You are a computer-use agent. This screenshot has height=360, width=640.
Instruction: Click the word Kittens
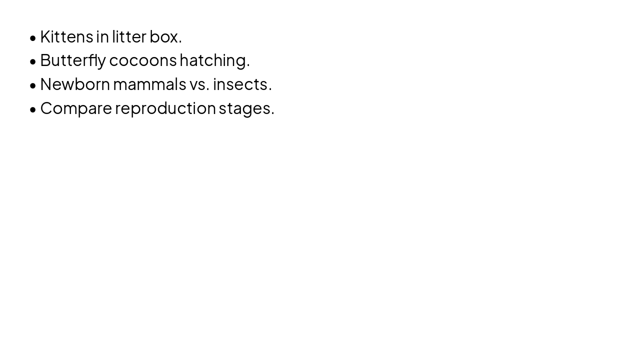pyautogui.click(x=67, y=37)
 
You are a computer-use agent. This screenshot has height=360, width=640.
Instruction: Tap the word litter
pyautogui.click(x=129, y=37)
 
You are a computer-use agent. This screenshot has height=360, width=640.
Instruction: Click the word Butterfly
pyautogui.click(x=73, y=61)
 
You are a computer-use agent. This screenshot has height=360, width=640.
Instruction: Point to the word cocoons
pyautogui.click(x=143, y=61)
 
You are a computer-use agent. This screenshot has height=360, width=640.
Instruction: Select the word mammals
pyautogui.click(x=149, y=84)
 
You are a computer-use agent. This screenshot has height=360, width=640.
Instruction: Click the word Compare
pyautogui.click(x=76, y=109)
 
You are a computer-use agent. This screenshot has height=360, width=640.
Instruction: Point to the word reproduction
pyautogui.click(x=165, y=109)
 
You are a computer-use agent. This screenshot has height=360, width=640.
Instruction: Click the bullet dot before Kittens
pyautogui.click(x=33, y=38)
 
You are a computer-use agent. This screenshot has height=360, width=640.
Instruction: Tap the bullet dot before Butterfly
pyautogui.click(x=33, y=61)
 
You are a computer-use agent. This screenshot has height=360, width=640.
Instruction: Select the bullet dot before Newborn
pyautogui.click(x=33, y=85)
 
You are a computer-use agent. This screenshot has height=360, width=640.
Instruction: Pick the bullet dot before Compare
pyautogui.click(x=33, y=109)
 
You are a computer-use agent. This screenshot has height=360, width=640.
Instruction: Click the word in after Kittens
pyautogui.click(x=102, y=37)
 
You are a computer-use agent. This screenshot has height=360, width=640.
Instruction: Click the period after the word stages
pyautogui.click(x=272, y=113)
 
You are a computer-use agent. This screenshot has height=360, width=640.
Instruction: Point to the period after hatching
pyautogui.click(x=248, y=65)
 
